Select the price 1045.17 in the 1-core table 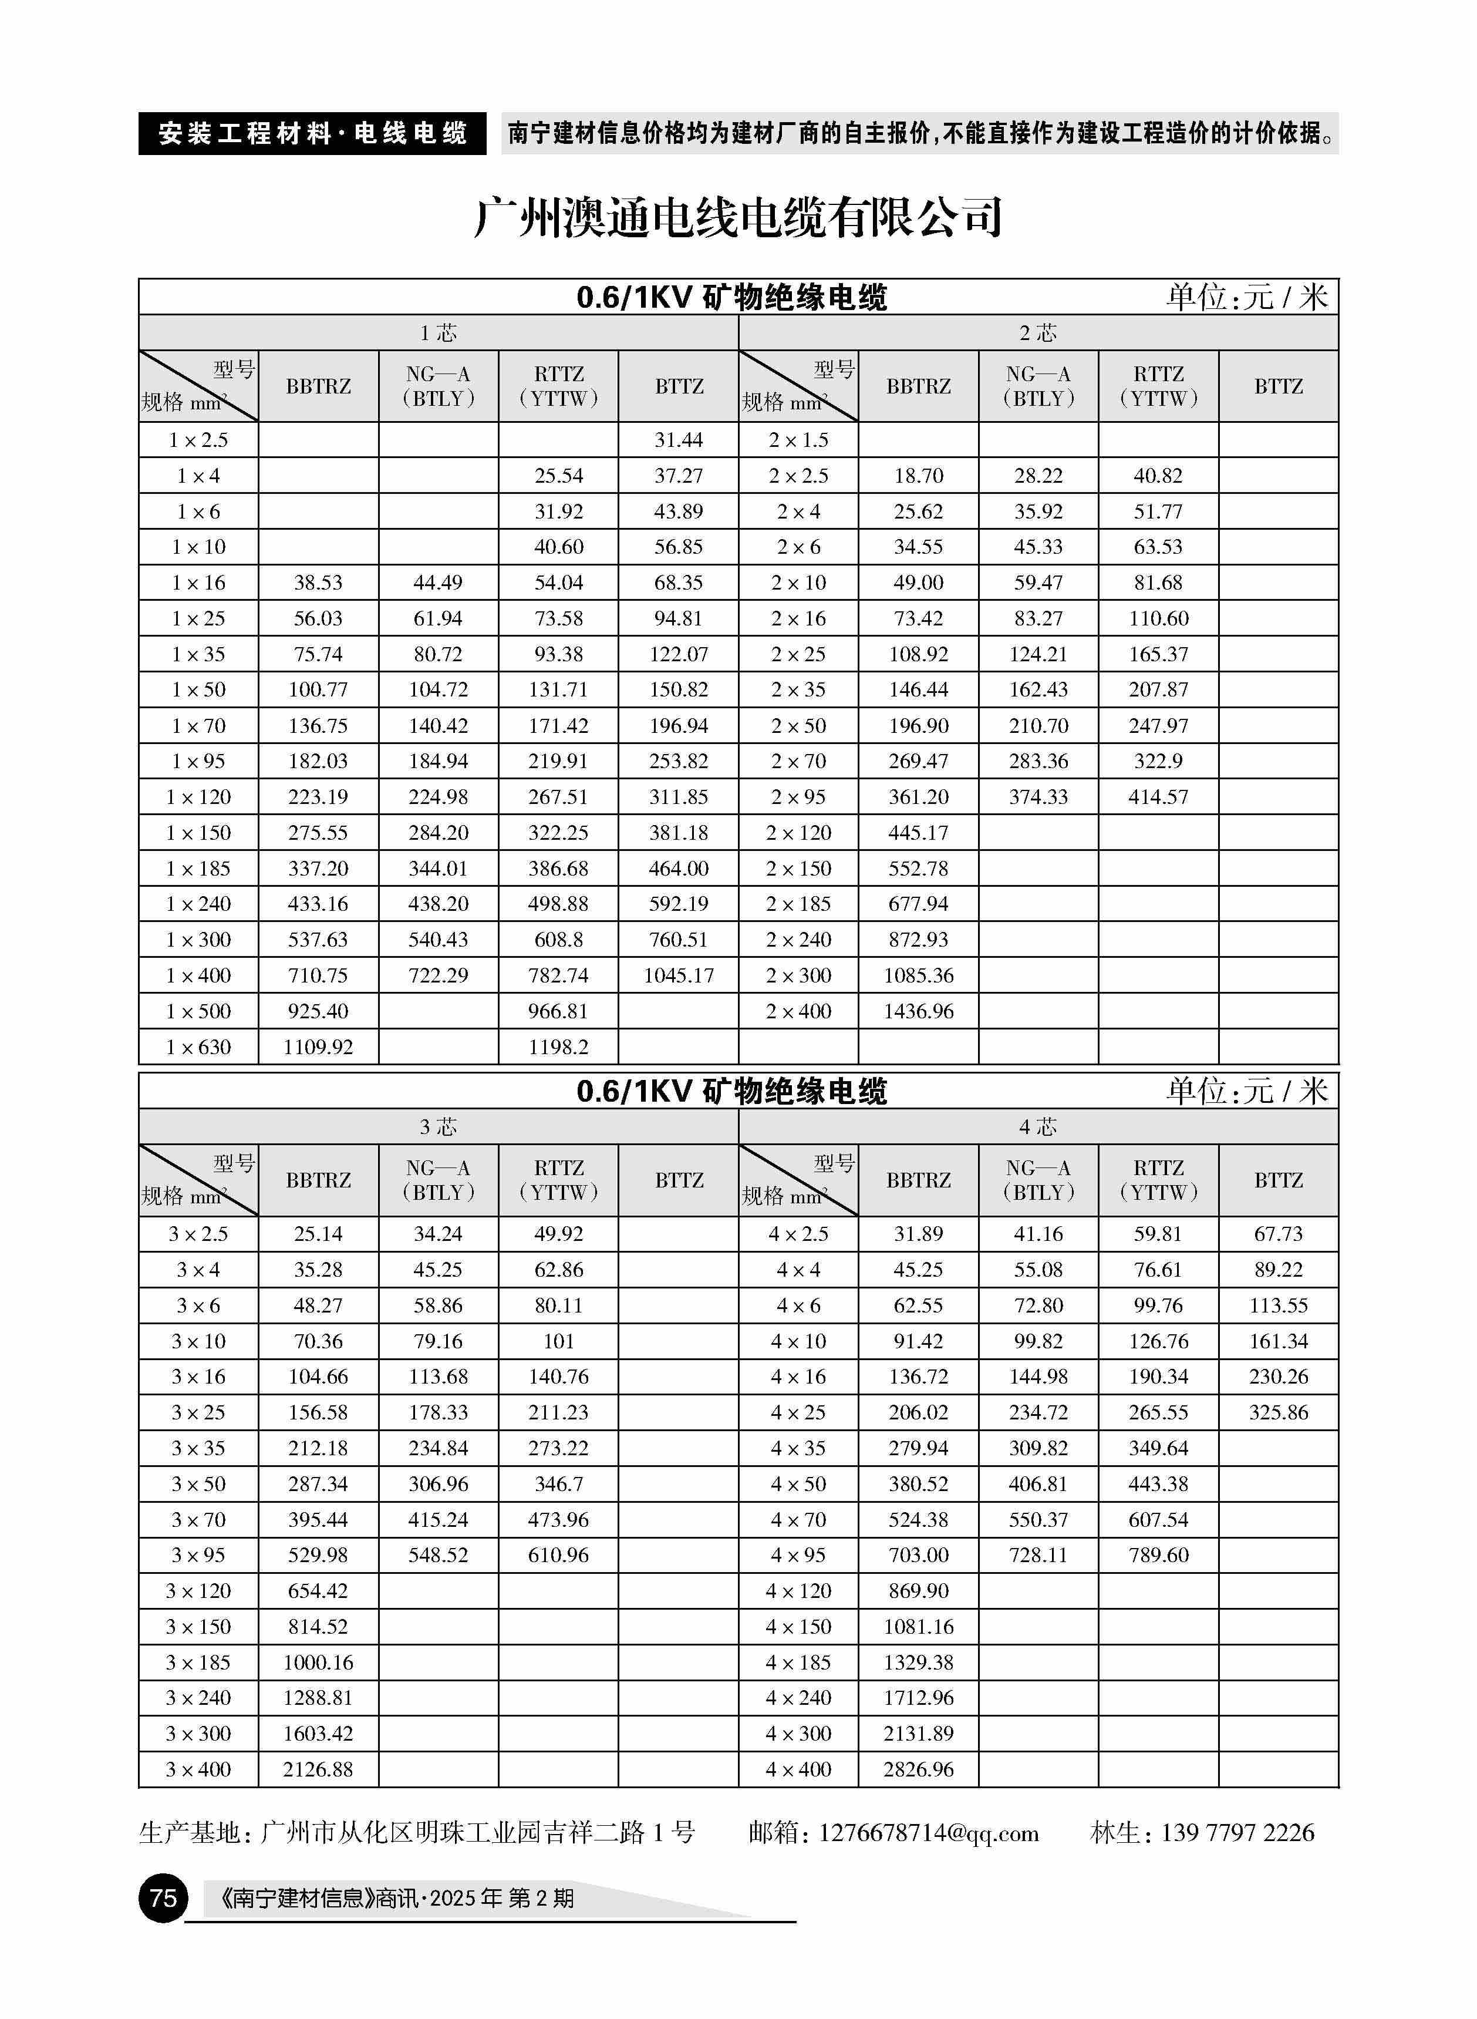[x=679, y=975]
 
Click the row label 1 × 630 [x=198, y=1047]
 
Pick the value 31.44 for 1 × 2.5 [x=679, y=440]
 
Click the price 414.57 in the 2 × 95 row [x=1158, y=797]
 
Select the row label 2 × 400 [x=798, y=1011]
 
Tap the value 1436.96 [x=918, y=1011]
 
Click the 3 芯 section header [x=438, y=1126]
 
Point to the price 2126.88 [x=318, y=1769]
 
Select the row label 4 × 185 [x=798, y=1662]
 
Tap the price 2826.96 [x=918, y=1769]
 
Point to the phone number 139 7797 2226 [x=1237, y=1833]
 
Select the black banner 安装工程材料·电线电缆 [x=312, y=134]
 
